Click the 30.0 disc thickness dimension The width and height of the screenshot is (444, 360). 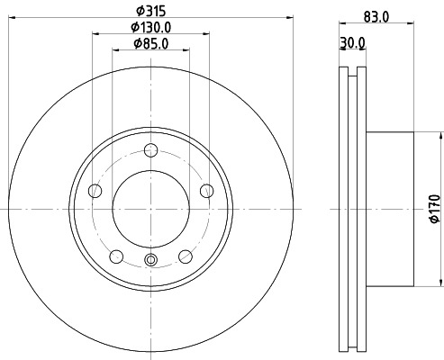pos(353,42)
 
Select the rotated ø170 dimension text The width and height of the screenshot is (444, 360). pos(433,208)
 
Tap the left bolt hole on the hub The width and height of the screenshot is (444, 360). pos(95,190)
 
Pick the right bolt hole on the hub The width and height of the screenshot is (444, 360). pos(206,190)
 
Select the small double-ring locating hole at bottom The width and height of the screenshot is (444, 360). pos(150,262)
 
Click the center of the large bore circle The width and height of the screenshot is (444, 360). pos(150,209)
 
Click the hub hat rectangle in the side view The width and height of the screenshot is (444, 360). pos(389,209)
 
